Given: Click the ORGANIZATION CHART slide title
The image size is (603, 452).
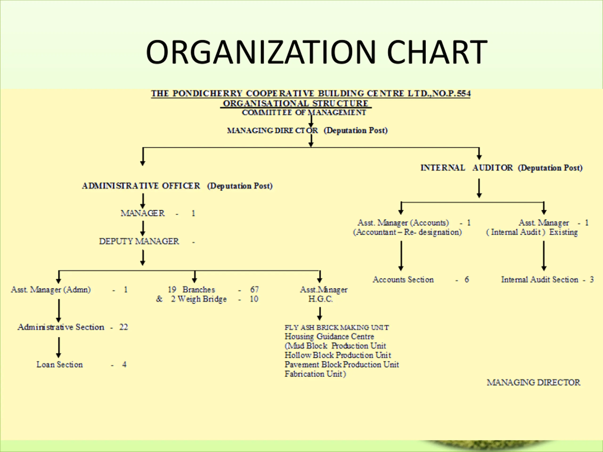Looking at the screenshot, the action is (317, 52).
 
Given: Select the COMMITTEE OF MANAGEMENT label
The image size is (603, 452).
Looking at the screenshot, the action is (304, 113).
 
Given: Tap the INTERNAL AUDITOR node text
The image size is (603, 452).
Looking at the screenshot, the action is (466, 168).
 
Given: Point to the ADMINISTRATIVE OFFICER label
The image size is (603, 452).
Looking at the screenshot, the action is (141, 186).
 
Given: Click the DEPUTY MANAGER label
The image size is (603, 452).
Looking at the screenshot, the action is (139, 241).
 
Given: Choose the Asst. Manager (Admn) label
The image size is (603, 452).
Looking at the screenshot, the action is (51, 289).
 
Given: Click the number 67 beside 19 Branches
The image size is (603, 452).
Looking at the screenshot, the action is (254, 289).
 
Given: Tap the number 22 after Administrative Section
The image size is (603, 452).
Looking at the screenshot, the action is (123, 327).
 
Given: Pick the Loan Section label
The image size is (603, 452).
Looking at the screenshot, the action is (59, 364).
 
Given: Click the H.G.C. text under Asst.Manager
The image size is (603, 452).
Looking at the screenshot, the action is (321, 299).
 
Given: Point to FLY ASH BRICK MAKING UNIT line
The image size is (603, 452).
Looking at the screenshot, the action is (337, 327).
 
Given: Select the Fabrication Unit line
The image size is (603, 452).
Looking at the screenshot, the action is (315, 374).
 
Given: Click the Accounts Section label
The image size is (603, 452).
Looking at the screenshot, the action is (403, 279).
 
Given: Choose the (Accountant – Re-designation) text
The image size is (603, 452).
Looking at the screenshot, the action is (407, 232).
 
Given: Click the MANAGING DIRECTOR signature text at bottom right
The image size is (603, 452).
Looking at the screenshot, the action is (534, 383).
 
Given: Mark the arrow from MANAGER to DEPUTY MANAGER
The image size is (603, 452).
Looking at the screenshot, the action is (143, 228).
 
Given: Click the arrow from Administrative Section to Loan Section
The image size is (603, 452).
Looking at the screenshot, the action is (59, 347).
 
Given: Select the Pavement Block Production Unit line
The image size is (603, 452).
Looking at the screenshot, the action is (342, 364).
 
